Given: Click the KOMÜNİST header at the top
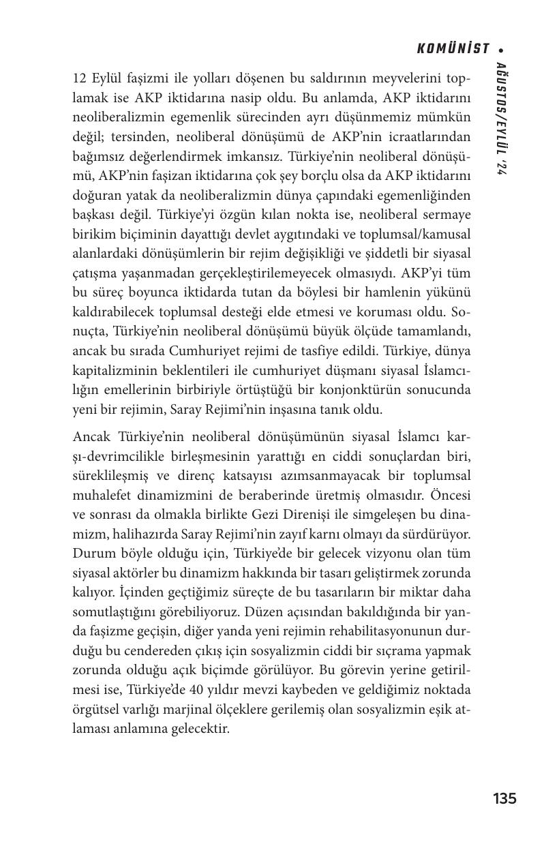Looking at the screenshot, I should [453, 48].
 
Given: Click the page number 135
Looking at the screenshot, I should [504, 798].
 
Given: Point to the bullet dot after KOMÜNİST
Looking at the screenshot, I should [502, 49].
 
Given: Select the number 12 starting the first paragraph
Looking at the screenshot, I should [79, 78].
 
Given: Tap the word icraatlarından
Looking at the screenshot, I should [427, 137].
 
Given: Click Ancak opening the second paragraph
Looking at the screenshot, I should [91, 436].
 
